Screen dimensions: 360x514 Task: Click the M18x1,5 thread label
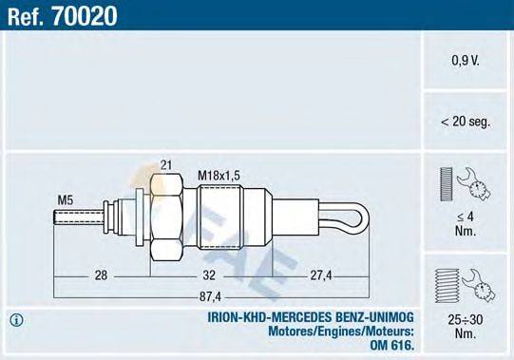tap(219, 175)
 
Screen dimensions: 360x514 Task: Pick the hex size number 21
tap(167, 165)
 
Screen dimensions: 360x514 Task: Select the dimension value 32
tap(209, 275)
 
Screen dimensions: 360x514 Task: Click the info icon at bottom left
tap(15, 318)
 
